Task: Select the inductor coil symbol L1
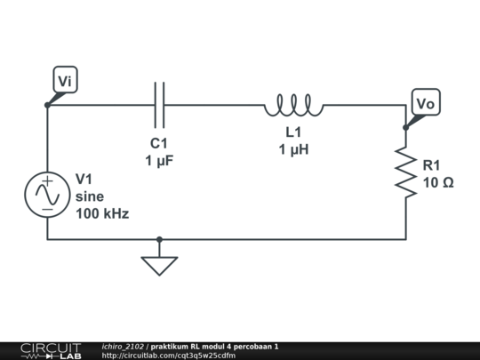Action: [293, 107]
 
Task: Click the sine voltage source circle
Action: [46, 194]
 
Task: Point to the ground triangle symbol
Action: [160, 265]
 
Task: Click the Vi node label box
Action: [66, 81]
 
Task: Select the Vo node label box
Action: [426, 104]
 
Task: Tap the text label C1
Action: [159, 144]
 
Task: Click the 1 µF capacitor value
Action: [159, 161]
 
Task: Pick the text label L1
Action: [293, 132]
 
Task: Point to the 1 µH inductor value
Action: [293, 149]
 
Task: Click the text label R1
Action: [432, 165]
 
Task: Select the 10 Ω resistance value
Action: [437, 182]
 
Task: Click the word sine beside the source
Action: [90, 196]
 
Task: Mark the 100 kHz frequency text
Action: [102, 214]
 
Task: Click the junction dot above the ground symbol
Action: [160, 239]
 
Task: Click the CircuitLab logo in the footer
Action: [50, 350]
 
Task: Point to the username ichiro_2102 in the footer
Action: [123, 346]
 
